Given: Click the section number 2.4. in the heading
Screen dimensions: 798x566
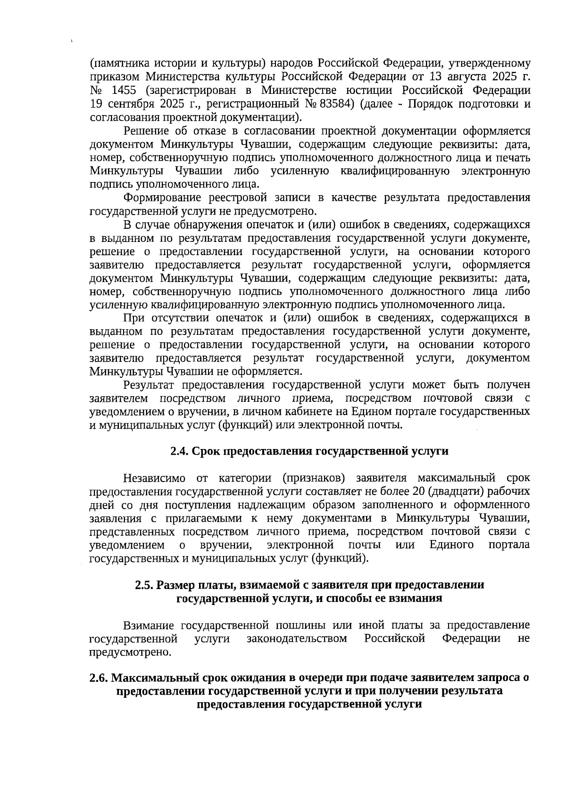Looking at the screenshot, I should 179,451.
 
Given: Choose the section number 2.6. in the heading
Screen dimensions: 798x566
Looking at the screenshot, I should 99,678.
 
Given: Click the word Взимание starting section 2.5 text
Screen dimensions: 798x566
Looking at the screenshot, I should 148,625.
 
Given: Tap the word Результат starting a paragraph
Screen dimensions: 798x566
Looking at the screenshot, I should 150,385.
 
